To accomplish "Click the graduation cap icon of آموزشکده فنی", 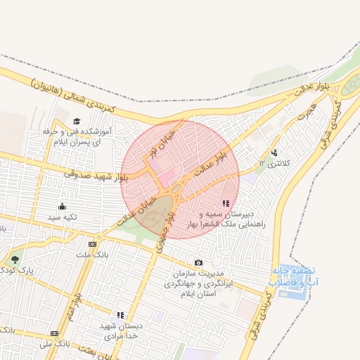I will [77, 121].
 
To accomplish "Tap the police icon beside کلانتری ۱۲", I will [274, 153].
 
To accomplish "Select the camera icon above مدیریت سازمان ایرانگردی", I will [198, 263].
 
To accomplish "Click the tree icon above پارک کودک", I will [15, 260].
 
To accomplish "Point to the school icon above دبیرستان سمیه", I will [225, 202].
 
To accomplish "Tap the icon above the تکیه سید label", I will [63, 206].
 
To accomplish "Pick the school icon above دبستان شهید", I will [120, 315].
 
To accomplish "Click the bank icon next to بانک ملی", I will [55, 333].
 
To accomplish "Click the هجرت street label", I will [307, 110].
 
